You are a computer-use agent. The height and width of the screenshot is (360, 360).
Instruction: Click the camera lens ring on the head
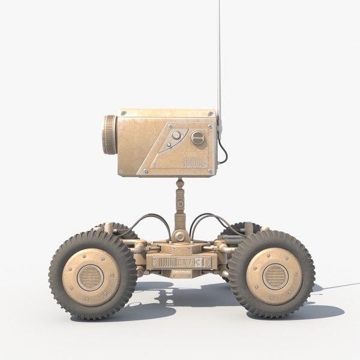[x=110, y=134]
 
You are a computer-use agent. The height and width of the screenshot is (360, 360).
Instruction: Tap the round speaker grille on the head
[x=197, y=139]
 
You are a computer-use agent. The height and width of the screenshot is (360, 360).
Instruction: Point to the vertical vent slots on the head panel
[x=192, y=161]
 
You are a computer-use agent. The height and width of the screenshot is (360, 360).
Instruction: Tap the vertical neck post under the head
[x=179, y=201]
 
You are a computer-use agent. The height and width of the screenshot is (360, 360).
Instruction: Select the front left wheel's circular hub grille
[x=91, y=275]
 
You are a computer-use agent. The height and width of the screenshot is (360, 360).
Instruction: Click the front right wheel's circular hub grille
[x=274, y=275]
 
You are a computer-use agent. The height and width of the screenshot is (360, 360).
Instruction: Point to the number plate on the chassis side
[x=180, y=262]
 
